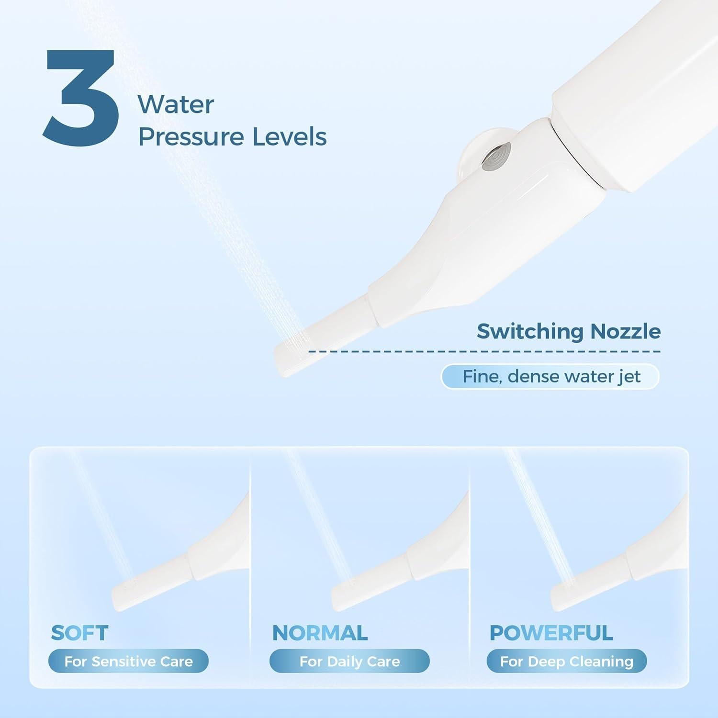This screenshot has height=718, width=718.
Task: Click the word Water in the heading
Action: point(176,105)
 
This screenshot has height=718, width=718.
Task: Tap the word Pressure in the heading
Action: point(191,137)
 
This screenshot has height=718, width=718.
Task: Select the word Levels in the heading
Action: point(290,136)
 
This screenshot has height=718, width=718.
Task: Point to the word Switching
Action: point(530,332)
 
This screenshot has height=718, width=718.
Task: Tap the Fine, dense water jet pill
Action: point(550,377)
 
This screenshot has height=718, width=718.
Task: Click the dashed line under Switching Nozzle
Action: point(483,352)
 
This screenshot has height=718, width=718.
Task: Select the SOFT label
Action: point(80,633)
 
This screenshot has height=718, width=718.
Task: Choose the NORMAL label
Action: point(320,633)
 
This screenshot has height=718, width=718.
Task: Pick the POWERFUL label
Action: point(551,633)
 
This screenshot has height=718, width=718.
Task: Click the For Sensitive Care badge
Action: point(128,661)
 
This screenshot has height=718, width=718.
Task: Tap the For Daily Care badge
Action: point(349,661)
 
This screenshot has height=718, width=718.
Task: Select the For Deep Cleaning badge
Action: point(567,661)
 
